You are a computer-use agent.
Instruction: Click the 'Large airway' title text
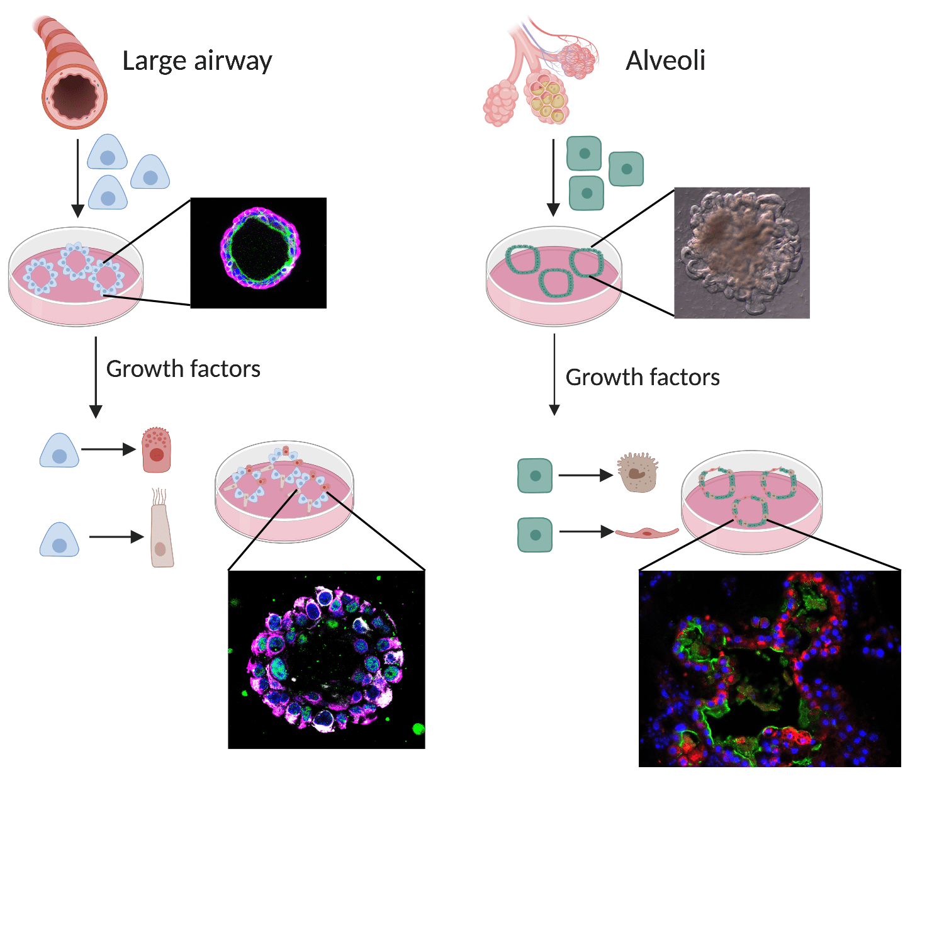point(197,61)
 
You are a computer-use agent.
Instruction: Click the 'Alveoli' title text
point(665,61)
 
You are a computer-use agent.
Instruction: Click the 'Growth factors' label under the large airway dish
point(183,369)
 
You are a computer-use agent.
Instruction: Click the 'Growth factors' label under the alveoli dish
point(643,377)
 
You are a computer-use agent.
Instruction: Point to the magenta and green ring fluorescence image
point(259,252)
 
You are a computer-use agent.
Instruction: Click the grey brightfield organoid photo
point(741,252)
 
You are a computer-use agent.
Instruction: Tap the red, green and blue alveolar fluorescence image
point(769,668)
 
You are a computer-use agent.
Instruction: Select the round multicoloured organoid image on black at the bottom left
point(326,660)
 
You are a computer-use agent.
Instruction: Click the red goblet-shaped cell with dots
point(156,450)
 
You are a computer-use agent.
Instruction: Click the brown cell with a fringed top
point(638,471)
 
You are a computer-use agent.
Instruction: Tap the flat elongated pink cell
point(646,533)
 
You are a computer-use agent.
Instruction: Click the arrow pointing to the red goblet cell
point(108,449)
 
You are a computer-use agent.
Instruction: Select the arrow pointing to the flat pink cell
point(586,532)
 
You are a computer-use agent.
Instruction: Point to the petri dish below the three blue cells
point(76,277)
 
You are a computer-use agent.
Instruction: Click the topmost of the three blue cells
point(107,152)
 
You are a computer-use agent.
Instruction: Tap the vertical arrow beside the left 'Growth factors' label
point(96,377)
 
